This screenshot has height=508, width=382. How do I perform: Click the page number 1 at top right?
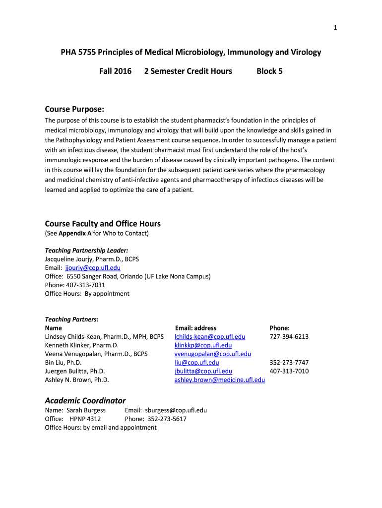[x=335, y=28]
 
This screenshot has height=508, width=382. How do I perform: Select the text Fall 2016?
[x=116, y=71]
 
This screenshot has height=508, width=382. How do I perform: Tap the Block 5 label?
[x=269, y=71]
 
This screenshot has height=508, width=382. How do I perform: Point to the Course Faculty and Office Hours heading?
[x=103, y=224]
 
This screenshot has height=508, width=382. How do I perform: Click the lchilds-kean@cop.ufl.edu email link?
[x=210, y=336]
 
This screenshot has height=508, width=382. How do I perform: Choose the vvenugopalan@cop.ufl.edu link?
[x=212, y=354]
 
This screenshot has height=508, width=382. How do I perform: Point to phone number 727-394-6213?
[x=289, y=336]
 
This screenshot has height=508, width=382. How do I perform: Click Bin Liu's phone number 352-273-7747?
[x=289, y=363]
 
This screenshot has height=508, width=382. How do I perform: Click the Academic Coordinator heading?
[x=85, y=400]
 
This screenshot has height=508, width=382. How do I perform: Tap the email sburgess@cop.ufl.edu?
[x=176, y=410]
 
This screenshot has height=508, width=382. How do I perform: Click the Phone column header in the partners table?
[x=279, y=328]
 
